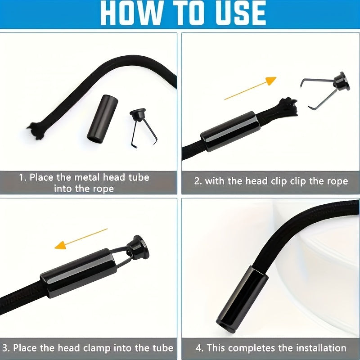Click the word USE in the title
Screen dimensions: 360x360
[x=240, y=13]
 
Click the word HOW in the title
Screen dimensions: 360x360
[x=130, y=13]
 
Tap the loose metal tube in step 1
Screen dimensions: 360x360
[x=103, y=119]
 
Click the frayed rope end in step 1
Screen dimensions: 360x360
[x=37, y=130]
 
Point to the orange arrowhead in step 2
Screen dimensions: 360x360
[x=271, y=81]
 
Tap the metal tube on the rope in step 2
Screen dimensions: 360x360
[x=230, y=131]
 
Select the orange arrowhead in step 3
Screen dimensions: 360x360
[x=60, y=245]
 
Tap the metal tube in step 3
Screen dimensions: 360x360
[x=79, y=273]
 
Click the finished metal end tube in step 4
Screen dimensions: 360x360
[x=242, y=299]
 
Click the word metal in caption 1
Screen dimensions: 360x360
[x=87, y=177]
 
